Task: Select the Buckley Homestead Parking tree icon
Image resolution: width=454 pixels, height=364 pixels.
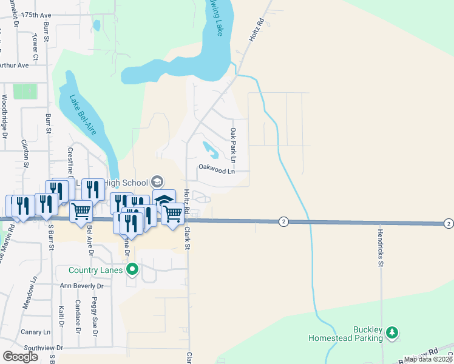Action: [x=392, y=332]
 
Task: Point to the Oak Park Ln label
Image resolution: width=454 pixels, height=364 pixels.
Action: [x=233, y=141]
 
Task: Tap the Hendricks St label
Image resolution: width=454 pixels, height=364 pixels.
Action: [x=381, y=248]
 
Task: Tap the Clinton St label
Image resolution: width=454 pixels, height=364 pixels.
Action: [x=25, y=154]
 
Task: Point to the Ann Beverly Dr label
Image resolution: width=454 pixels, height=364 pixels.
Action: [x=86, y=285]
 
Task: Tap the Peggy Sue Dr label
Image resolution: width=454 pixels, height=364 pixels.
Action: [x=95, y=314]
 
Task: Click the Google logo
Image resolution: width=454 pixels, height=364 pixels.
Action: [x=21, y=356]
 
